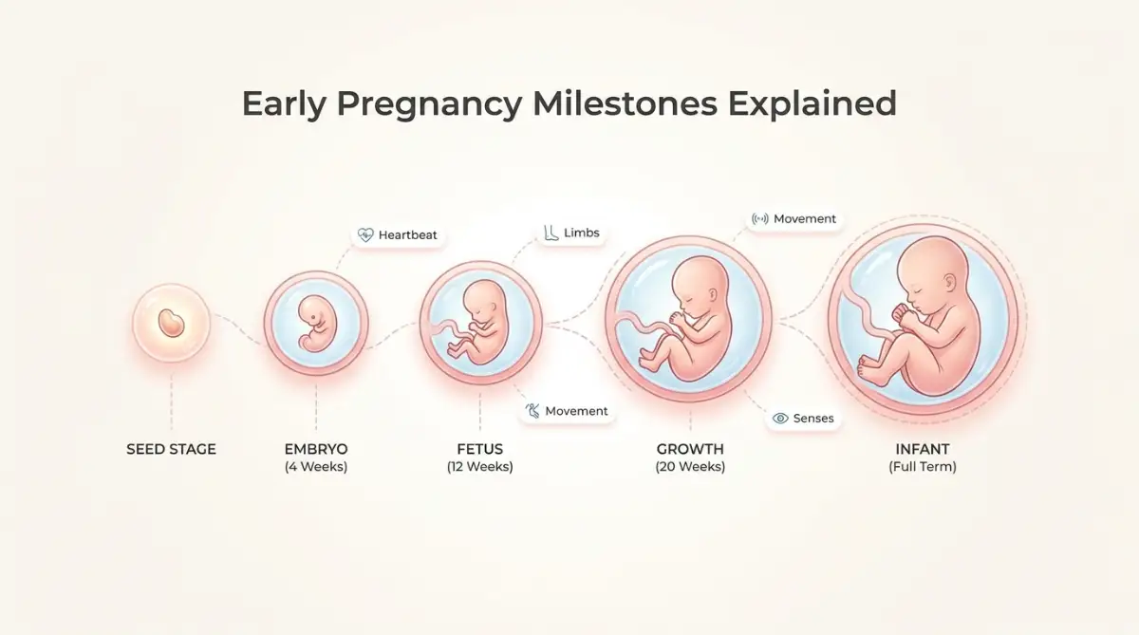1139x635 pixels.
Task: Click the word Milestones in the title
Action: [x=625, y=103]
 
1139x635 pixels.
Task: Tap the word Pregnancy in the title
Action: [x=429, y=104]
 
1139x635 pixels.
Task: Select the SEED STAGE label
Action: [x=172, y=449]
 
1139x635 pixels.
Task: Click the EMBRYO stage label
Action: [x=316, y=449]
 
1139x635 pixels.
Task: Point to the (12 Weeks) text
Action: [x=480, y=467]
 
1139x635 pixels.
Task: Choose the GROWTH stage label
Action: [x=690, y=449]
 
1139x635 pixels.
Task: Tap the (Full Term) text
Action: [x=923, y=467]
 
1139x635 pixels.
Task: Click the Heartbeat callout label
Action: [x=408, y=234]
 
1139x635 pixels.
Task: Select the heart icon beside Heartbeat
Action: [x=365, y=234]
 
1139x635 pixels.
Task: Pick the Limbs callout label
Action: [x=582, y=233]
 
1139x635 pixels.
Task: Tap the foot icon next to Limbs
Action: [x=551, y=233]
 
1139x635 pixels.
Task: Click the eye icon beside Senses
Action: [x=780, y=418]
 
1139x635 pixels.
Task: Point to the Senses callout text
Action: [x=813, y=419]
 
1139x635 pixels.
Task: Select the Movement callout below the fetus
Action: [x=576, y=411]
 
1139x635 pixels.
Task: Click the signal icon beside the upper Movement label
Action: [x=759, y=219]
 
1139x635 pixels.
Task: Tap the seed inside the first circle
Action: [x=171, y=323]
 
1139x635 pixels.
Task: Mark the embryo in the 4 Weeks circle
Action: [x=314, y=324]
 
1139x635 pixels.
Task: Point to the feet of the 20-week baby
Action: [x=649, y=358]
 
